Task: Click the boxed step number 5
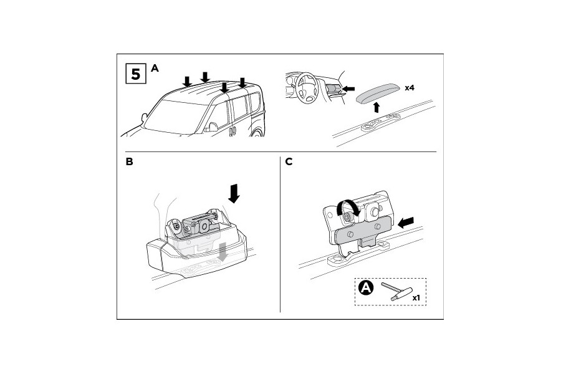coord(136,74)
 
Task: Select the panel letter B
coord(130,162)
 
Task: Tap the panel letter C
coord(289,162)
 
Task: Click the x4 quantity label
coord(410,88)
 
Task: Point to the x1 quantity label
coord(416,298)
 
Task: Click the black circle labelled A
coord(366,287)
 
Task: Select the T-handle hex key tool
coord(397,291)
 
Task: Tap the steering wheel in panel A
coord(307,88)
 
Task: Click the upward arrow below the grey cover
coord(376,107)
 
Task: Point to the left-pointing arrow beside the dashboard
coord(348,89)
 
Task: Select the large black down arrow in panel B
coord(234,193)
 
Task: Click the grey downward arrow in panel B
coord(223,251)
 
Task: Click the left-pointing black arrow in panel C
coord(406,223)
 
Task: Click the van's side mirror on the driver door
coord(213,127)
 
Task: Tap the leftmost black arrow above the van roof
coord(187,82)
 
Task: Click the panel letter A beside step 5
coord(155,68)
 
